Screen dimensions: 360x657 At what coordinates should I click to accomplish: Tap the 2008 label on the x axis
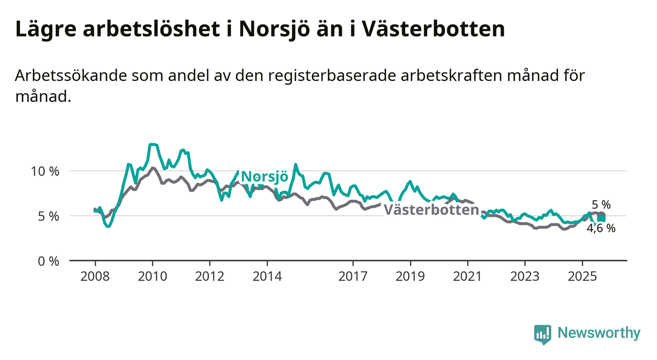(95, 277)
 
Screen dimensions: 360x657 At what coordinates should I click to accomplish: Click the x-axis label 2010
(152, 277)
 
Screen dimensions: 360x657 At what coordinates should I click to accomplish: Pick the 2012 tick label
(209, 277)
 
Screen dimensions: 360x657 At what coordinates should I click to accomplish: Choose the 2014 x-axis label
(267, 277)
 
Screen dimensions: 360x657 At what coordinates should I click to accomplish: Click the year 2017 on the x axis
(353, 277)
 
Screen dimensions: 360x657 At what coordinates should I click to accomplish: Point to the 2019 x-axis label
(410, 277)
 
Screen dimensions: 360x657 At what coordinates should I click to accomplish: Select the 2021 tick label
(468, 277)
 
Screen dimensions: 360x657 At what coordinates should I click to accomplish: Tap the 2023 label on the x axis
(525, 277)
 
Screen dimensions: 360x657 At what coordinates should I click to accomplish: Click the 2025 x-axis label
(582, 277)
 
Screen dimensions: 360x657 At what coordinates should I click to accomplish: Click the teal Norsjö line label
(265, 177)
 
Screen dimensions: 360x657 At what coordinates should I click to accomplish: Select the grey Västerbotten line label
(431, 210)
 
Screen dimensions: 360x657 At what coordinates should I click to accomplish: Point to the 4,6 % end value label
(601, 228)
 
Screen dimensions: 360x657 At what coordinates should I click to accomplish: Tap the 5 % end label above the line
(601, 205)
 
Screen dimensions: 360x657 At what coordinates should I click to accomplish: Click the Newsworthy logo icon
(542, 334)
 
